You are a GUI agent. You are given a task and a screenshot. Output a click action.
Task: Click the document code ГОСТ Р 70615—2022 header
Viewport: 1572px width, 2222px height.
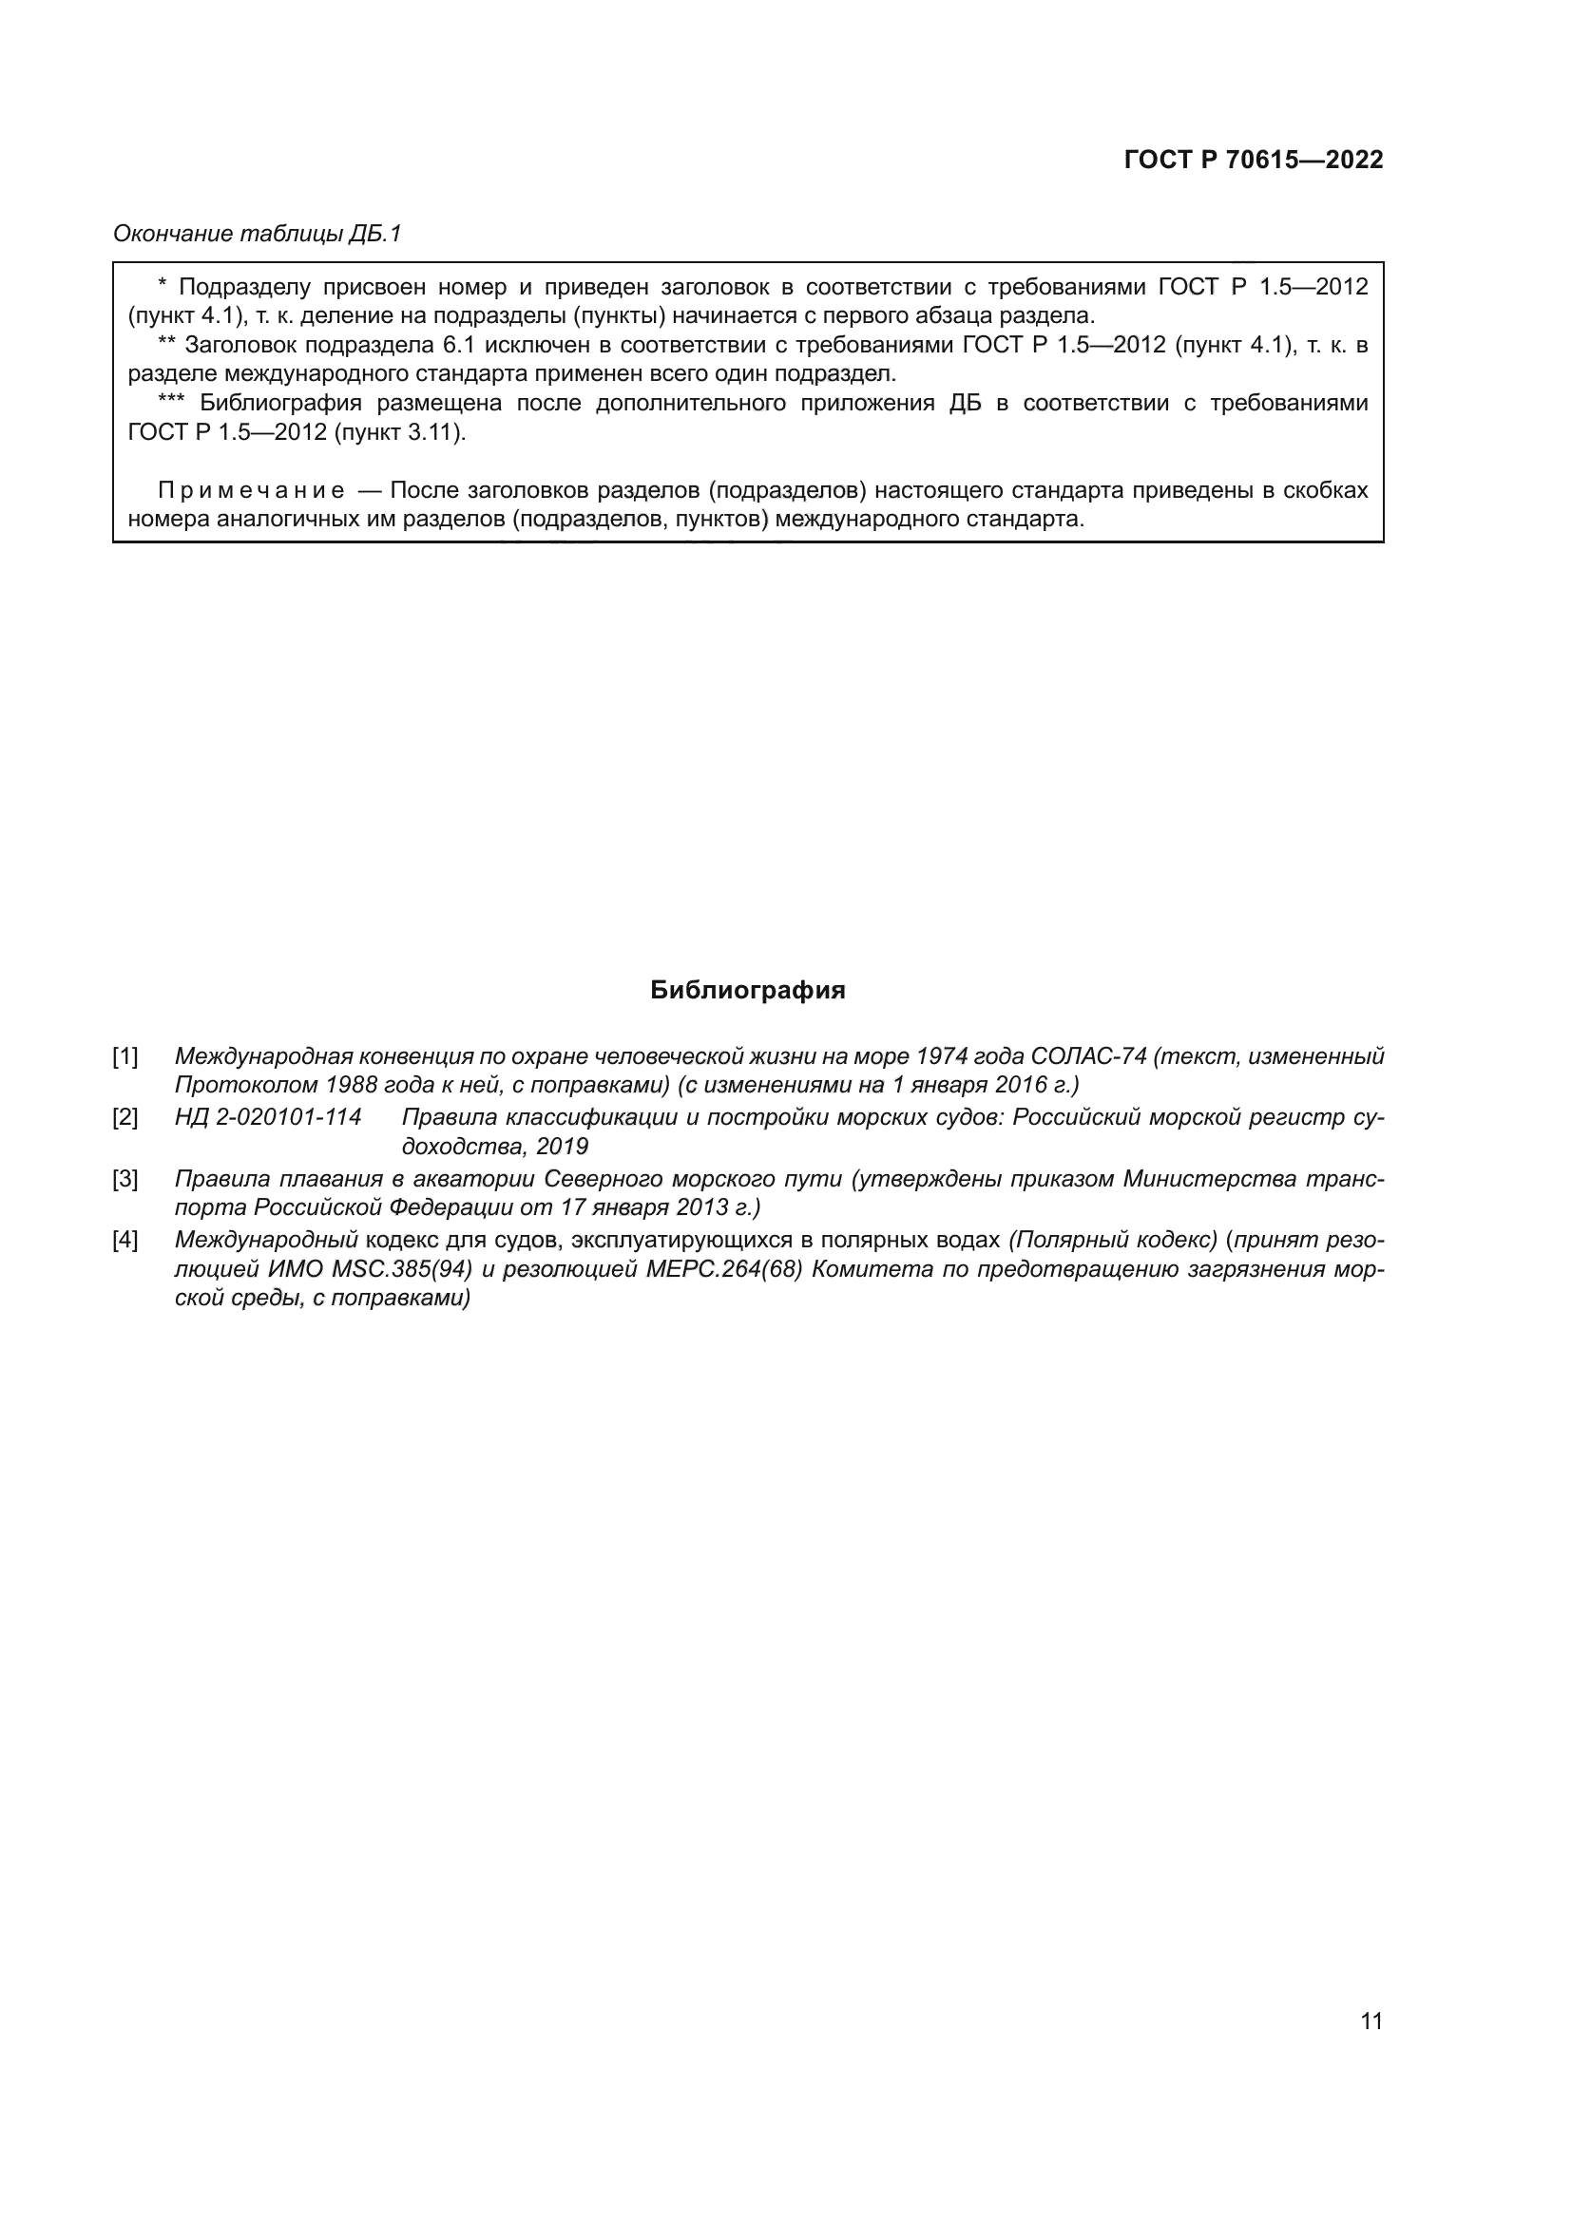tap(1253, 161)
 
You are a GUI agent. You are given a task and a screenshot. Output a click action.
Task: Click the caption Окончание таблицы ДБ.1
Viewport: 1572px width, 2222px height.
tap(257, 234)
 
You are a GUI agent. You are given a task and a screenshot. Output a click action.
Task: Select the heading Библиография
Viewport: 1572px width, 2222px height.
tap(747, 990)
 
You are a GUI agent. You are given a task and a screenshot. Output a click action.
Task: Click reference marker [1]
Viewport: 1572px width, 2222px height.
tap(125, 1055)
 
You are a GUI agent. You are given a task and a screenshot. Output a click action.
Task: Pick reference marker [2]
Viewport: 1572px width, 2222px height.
tap(125, 1118)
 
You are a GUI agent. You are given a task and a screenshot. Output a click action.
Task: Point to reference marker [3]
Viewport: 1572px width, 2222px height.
tap(125, 1179)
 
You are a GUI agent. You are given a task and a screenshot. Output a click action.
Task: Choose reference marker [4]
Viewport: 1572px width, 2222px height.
tap(125, 1241)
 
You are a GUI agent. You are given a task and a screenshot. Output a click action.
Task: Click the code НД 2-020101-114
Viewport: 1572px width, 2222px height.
tap(268, 1118)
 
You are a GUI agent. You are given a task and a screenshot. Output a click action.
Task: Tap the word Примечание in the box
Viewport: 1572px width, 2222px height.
tap(251, 490)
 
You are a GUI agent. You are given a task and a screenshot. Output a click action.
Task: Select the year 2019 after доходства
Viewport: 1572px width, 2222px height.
tap(563, 1147)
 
